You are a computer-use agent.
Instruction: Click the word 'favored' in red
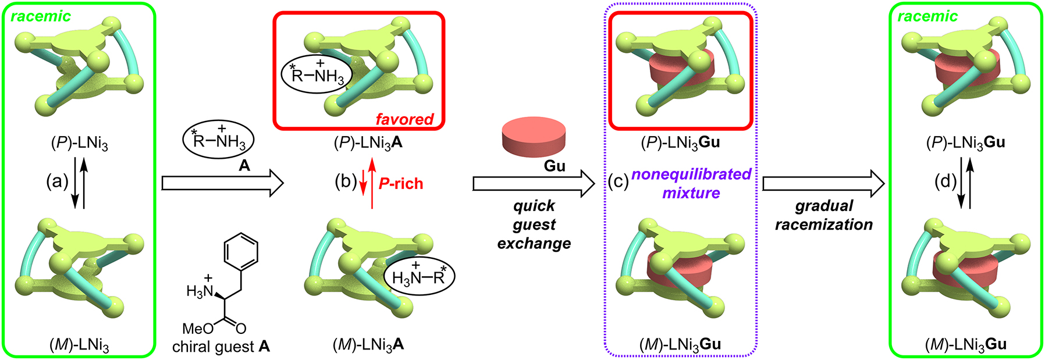404,119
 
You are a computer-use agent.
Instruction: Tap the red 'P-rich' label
401,184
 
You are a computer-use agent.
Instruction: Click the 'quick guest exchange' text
534,224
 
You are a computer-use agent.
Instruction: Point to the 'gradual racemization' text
823,215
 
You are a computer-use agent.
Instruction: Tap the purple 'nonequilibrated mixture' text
691,183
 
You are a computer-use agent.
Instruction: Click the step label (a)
58,182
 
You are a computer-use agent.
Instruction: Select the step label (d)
944,182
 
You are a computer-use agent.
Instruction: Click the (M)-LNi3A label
368,345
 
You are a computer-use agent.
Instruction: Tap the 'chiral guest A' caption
221,347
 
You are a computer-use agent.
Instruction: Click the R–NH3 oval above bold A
219,140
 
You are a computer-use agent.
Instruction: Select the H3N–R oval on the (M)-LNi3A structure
419,276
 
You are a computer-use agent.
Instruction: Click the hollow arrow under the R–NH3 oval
222,184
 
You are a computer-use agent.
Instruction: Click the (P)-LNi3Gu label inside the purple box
680,143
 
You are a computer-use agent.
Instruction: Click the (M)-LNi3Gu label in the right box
965,345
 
